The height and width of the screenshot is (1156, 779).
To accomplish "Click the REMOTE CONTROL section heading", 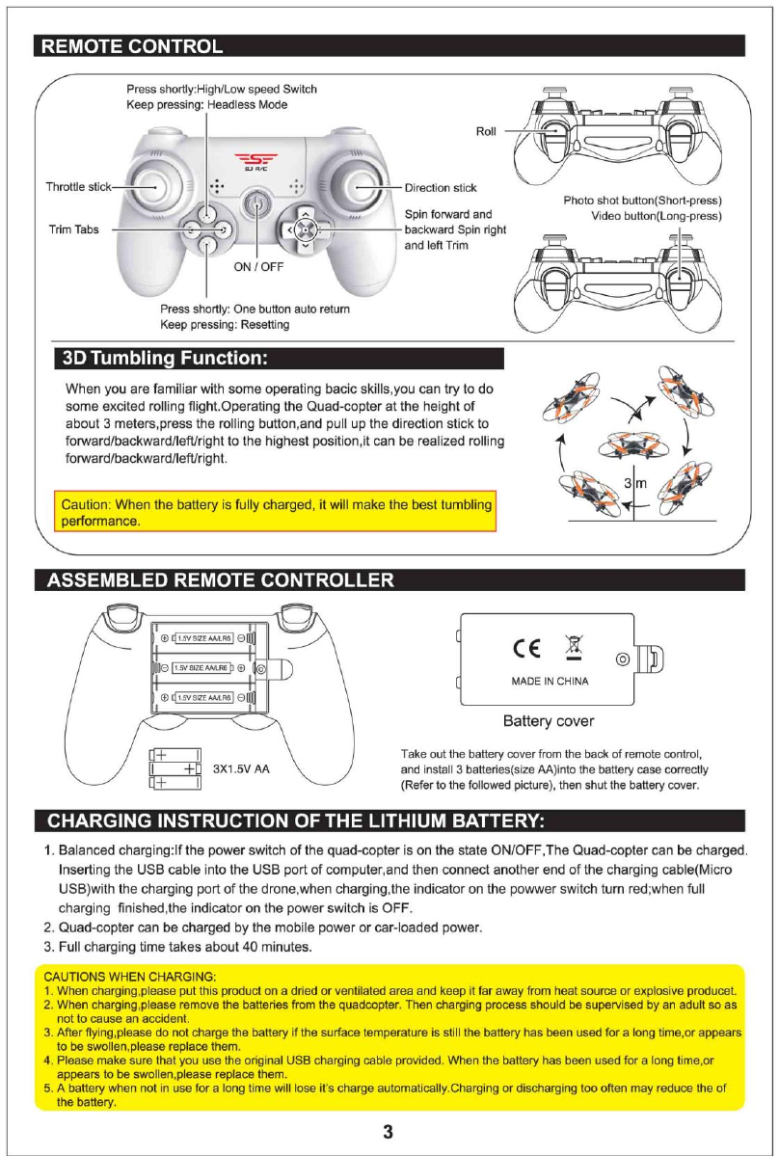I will pyautogui.click(x=128, y=46).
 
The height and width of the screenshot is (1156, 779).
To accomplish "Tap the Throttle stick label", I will pyautogui.click(x=78, y=186).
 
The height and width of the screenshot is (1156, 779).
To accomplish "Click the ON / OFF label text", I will pyautogui.click(x=257, y=267).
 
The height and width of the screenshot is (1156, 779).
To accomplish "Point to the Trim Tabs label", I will pyautogui.click(x=73, y=230).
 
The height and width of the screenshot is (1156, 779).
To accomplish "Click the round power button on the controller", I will pyautogui.click(x=256, y=203).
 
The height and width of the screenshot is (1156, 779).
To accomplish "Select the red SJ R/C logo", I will pyautogui.click(x=255, y=161).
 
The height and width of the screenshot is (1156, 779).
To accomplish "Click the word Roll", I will pyautogui.click(x=486, y=132).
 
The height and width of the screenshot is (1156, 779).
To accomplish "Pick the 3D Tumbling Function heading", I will pyautogui.click(x=164, y=359).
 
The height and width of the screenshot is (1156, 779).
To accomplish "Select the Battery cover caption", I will pyautogui.click(x=549, y=720).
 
